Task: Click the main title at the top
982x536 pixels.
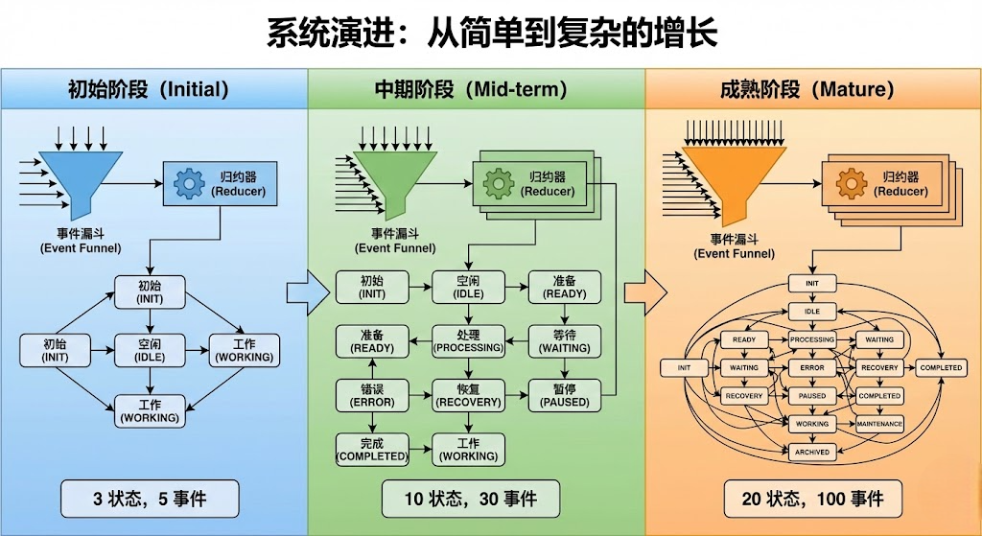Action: tap(491, 35)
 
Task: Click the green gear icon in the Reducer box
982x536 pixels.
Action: tap(499, 182)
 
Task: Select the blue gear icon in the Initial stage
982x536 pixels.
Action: tap(190, 182)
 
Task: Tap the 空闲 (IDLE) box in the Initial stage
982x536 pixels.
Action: tap(150, 350)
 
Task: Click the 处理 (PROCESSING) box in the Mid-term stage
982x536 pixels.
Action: tap(468, 340)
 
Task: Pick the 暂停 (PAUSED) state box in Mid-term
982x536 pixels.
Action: tap(565, 395)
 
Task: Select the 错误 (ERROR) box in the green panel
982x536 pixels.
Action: tap(372, 395)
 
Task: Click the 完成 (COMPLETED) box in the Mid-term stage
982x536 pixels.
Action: tap(372, 449)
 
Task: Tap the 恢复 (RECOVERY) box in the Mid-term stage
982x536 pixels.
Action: tap(468, 395)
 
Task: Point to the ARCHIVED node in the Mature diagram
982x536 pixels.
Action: tap(811, 452)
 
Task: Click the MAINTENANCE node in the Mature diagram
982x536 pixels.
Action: tap(878, 424)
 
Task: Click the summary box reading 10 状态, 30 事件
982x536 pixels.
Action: tap(469, 499)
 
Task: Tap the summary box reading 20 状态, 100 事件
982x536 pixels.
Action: tap(812, 499)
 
